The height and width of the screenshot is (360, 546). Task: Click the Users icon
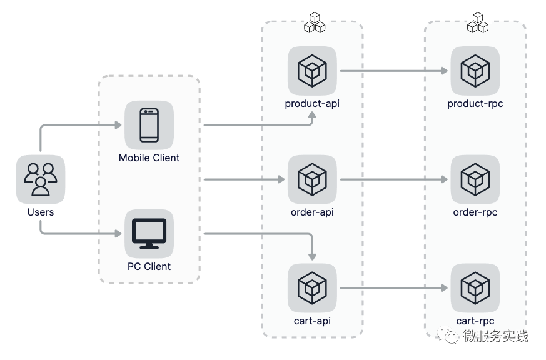(x=41, y=179)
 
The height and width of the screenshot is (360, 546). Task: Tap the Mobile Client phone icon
(x=149, y=125)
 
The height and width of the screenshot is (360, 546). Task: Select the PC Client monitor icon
(x=149, y=234)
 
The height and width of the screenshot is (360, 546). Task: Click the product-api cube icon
(x=312, y=71)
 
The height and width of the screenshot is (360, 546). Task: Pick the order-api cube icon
(x=312, y=179)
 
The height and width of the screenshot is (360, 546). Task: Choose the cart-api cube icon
(x=312, y=288)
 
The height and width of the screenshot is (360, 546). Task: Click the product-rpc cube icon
(x=475, y=71)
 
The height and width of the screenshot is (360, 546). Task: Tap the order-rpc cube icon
(x=475, y=179)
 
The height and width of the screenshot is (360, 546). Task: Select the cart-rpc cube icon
(x=475, y=288)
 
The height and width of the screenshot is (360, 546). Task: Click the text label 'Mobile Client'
(x=149, y=158)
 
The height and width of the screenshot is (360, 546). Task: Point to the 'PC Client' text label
(x=149, y=267)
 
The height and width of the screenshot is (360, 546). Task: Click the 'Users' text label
(x=41, y=212)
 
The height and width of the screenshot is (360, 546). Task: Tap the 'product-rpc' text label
(x=475, y=104)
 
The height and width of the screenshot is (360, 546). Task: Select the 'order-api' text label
(x=312, y=212)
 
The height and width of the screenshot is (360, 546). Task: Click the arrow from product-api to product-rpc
(x=394, y=71)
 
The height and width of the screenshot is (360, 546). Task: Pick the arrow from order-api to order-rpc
(x=394, y=179)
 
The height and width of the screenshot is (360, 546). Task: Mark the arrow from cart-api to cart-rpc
(x=394, y=288)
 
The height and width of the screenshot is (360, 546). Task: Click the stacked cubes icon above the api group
(x=315, y=23)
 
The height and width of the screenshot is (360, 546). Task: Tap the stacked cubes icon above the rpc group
(x=478, y=23)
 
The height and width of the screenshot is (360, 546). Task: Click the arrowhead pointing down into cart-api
(x=312, y=256)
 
